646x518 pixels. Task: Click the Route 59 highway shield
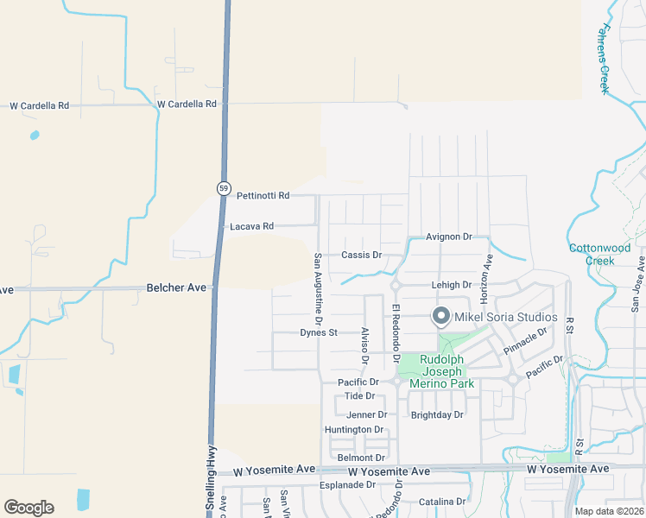223,188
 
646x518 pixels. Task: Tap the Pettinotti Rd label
263,196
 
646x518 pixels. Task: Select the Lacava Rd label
251,226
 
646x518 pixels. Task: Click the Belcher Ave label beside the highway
178,287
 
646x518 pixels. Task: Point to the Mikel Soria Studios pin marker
441,317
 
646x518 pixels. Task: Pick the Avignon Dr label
450,237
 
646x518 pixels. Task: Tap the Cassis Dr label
361,255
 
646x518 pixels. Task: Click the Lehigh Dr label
451,285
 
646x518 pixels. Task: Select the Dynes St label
318,332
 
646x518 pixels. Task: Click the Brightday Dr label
437,415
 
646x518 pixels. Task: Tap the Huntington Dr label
353,429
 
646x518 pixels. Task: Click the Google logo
28,508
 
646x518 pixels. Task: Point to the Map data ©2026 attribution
609,511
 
